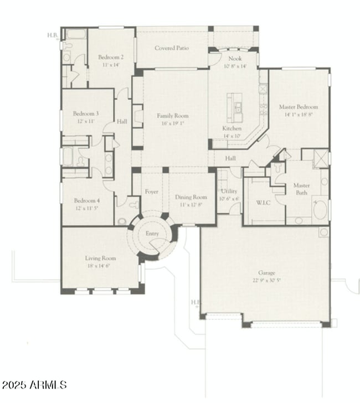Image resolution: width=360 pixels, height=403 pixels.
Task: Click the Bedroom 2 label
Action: [x=111, y=57]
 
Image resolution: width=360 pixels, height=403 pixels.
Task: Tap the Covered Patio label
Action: [x=172, y=48]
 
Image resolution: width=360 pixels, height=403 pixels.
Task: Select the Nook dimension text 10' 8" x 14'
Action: [x=235, y=66]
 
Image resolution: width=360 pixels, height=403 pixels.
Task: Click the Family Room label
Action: [x=173, y=116]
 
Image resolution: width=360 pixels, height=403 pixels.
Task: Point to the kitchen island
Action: [x=237, y=107]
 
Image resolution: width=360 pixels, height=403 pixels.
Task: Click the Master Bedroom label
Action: [x=299, y=107]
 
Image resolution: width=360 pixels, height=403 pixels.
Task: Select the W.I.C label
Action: [x=263, y=203]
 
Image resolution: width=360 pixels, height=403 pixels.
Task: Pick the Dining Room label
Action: [x=191, y=197]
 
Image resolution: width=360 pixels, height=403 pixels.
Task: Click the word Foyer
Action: [x=152, y=192]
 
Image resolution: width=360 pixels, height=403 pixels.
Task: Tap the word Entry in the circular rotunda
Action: [x=152, y=234]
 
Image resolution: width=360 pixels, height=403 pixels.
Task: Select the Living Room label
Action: [x=100, y=258]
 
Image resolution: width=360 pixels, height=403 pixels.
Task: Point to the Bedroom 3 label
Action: [x=86, y=113]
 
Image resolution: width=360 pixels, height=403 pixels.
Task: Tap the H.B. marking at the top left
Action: [x=53, y=35]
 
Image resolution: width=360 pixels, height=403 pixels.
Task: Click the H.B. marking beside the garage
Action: [x=195, y=302]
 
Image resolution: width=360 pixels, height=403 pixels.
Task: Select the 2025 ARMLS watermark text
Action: [x=34, y=384]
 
